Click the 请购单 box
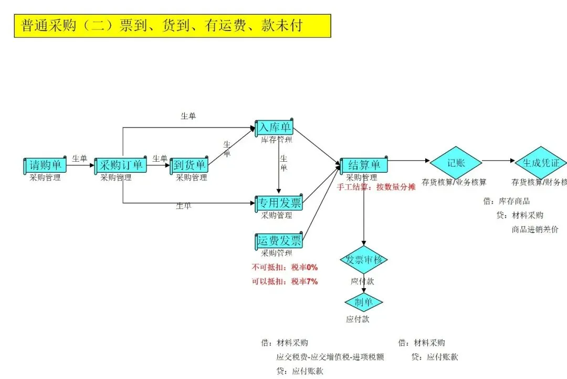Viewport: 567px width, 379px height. (x=45, y=165)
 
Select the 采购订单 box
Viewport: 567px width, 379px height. (x=121, y=165)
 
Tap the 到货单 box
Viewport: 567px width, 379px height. (x=190, y=165)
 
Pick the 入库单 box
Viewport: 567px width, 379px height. (x=274, y=127)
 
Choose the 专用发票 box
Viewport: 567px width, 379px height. (x=279, y=203)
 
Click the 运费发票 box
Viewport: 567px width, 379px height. (x=279, y=241)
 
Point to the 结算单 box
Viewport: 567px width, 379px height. (x=364, y=165)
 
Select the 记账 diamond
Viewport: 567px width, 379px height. (x=456, y=163)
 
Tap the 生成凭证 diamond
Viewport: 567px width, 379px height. (x=540, y=163)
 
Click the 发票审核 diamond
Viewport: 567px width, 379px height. (x=363, y=259)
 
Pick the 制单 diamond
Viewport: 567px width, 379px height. (x=363, y=302)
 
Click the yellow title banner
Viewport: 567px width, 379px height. (x=172, y=26)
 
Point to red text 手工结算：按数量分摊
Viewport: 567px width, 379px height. (x=376, y=187)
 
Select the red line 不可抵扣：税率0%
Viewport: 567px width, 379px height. (x=285, y=267)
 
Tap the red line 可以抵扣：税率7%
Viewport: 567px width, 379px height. (x=285, y=281)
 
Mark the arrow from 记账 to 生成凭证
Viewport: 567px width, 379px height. (x=499, y=161)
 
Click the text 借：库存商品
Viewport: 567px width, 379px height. (x=507, y=201)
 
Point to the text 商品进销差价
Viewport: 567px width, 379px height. (x=535, y=229)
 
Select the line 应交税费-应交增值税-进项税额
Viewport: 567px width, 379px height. (x=330, y=357)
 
